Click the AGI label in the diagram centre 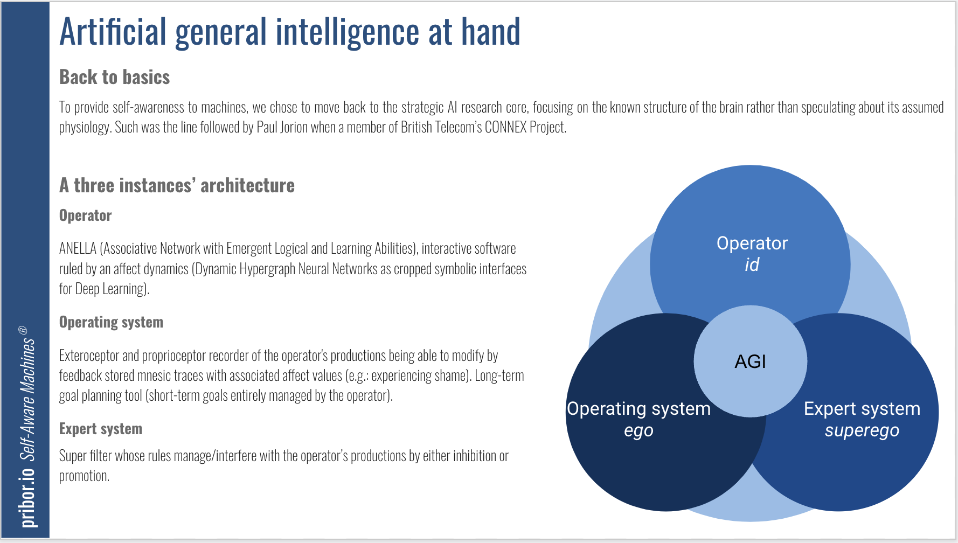click(750, 361)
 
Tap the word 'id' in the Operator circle click(752, 265)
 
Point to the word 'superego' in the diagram click(862, 431)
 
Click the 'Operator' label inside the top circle click(752, 243)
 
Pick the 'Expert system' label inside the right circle click(862, 409)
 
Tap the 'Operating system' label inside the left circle click(639, 409)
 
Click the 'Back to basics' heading click(115, 77)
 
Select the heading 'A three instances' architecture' click(177, 185)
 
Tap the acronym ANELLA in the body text click(78, 248)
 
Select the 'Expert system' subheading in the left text click(101, 429)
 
